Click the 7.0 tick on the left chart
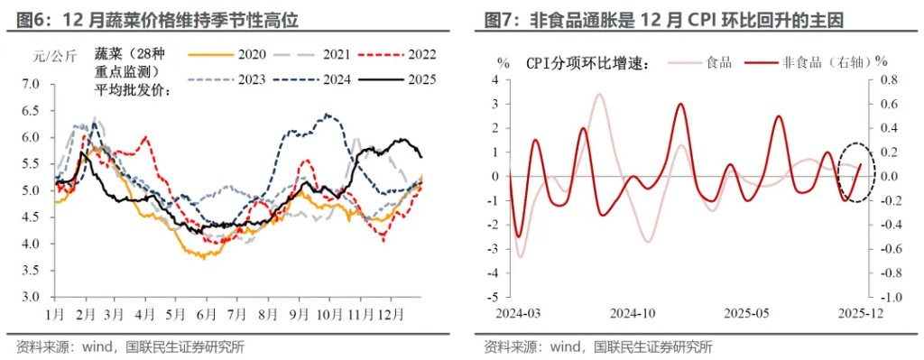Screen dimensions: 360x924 [31, 85]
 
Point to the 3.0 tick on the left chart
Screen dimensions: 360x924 [31, 297]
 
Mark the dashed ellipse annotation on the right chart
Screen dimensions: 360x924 [853, 171]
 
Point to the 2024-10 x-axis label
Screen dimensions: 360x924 [633, 312]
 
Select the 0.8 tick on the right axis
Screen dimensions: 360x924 [889, 80]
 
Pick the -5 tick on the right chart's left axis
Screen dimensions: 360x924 [495, 297]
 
